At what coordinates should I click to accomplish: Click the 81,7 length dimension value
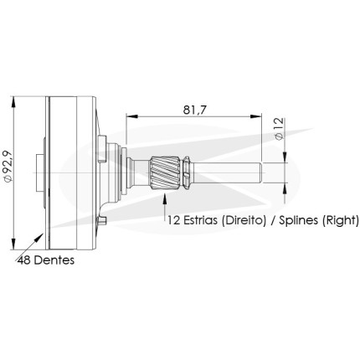click(x=194, y=110)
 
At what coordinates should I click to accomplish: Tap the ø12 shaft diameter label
click(x=279, y=129)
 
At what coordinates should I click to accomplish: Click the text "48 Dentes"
click(x=46, y=260)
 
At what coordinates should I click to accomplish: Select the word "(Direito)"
click(x=243, y=220)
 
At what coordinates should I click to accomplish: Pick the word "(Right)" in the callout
click(x=340, y=220)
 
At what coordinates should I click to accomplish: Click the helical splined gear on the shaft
click(x=165, y=173)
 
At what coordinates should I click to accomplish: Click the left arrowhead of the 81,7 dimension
click(x=132, y=116)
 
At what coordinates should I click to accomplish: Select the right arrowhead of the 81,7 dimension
click(x=255, y=116)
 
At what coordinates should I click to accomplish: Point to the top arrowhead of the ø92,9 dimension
click(x=13, y=103)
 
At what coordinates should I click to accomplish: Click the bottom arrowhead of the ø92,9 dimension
click(x=13, y=244)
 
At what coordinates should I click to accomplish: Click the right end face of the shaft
click(x=261, y=173)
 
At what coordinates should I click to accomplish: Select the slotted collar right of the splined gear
click(x=186, y=173)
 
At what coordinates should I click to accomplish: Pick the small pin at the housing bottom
click(x=103, y=221)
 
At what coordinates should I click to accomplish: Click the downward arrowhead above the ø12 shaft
click(x=285, y=157)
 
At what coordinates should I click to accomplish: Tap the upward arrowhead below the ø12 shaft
click(x=285, y=189)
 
